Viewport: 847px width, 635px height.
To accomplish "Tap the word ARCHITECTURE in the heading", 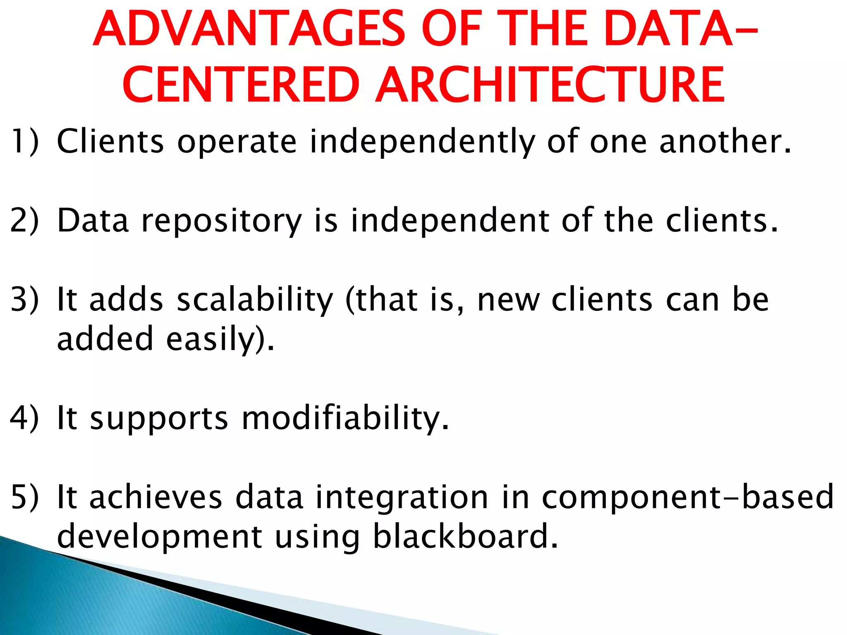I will pos(550,86).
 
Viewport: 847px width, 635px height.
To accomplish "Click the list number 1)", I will pos(25,141).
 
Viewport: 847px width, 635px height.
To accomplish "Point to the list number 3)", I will pos(25,299).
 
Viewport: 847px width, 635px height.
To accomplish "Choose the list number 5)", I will pos(25,497).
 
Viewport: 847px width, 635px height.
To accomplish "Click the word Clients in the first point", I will pos(110,141).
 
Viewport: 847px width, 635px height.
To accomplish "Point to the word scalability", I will pos(255,300).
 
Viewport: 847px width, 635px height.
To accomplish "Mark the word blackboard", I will pos(465,536).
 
